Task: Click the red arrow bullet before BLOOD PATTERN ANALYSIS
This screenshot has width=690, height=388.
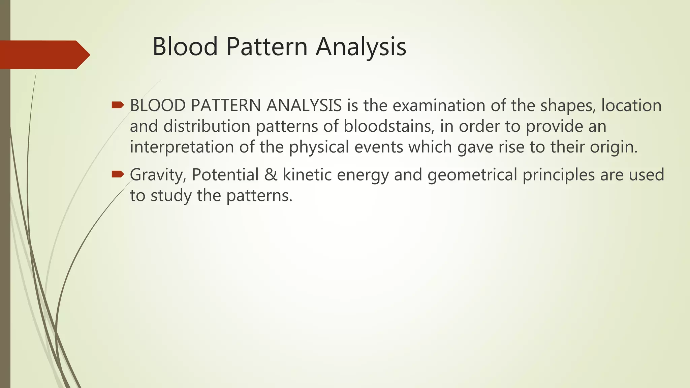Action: (118, 105)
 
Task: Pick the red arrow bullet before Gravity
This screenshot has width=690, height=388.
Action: (118, 174)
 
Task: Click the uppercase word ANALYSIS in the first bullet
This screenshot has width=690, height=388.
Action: (304, 105)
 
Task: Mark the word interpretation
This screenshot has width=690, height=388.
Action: (182, 147)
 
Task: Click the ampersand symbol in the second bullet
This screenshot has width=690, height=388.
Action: (271, 174)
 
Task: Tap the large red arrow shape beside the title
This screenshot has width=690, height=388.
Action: (44, 55)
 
